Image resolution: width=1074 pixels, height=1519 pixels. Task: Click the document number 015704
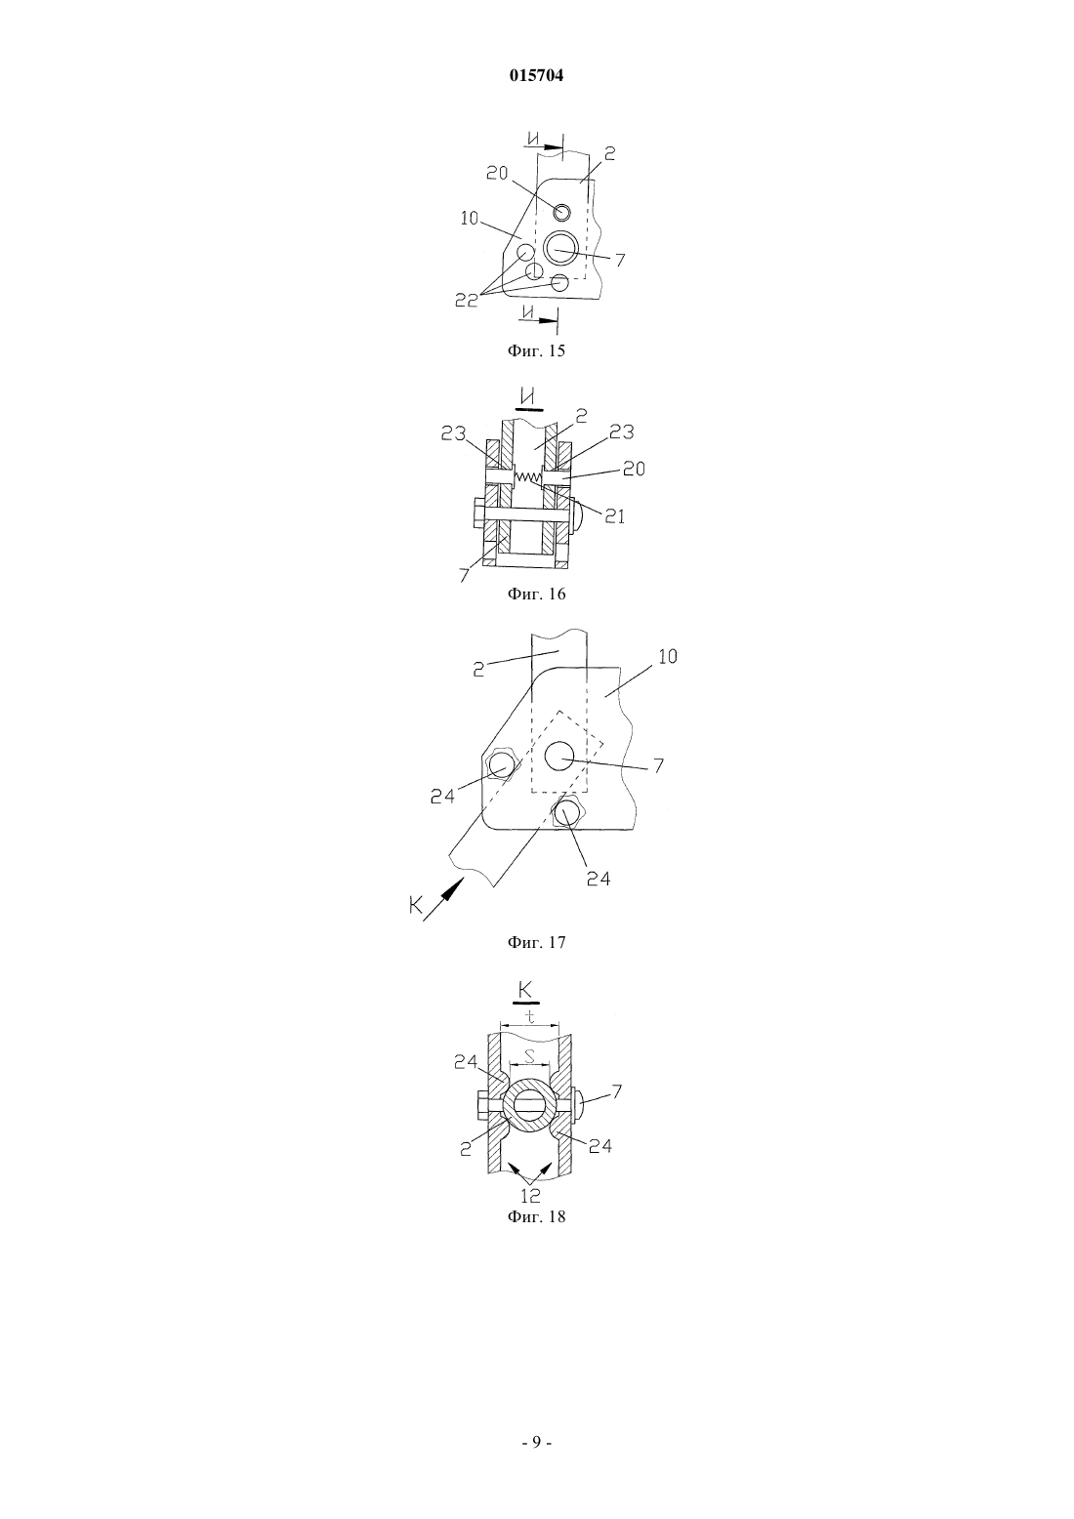click(x=536, y=76)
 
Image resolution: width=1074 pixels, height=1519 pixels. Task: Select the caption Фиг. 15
click(x=536, y=350)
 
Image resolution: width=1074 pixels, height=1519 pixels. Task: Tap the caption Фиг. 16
click(x=536, y=595)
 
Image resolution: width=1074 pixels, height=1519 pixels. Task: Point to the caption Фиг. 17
click(x=536, y=942)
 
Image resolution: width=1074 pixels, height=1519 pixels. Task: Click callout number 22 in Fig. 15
click(x=466, y=301)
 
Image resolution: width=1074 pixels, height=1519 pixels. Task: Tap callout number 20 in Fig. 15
click(x=497, y=173)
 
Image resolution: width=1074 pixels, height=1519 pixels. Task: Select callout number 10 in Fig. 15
click(x=470, y=219)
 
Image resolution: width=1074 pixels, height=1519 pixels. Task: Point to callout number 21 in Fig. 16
click(x=614, y=516)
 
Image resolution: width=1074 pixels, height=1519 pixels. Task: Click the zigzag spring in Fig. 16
click(x=528, y=477)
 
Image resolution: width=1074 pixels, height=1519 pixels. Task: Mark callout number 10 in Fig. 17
click(x=667, y=656)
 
